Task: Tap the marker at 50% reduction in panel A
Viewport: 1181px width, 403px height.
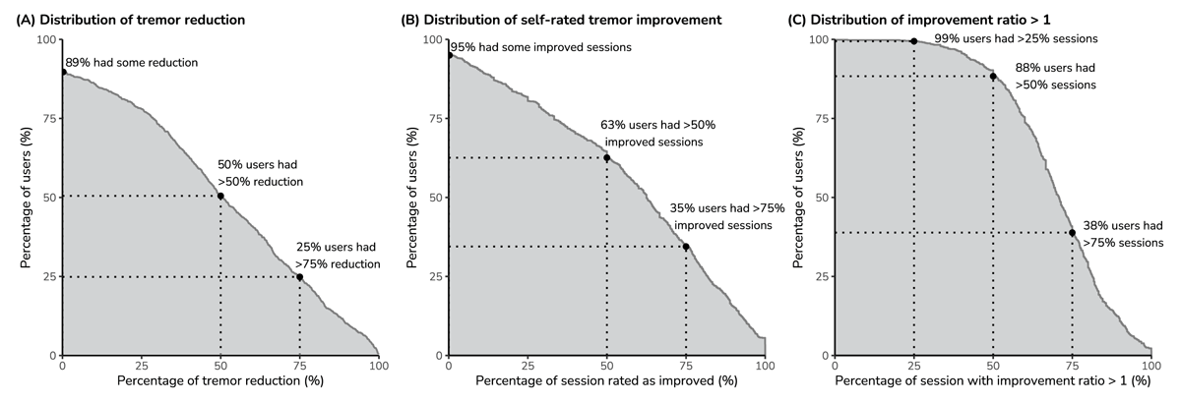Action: (x=220, y=196)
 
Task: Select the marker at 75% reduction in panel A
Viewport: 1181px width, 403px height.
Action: (x=299, y=276)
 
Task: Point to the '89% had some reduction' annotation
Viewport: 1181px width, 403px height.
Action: (x=132, y=63)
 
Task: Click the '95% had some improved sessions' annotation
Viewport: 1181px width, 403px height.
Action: (x=540, y=47)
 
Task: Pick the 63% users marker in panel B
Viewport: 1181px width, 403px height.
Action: (x=606, y=157)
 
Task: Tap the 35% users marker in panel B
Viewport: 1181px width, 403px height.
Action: (x=686, y=247)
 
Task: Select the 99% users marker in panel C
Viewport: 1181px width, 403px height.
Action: (x=914, y=40)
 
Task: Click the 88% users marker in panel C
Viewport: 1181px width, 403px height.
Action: (x=993, y=76)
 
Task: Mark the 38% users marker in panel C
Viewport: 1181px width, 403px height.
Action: (x=1072, y=233)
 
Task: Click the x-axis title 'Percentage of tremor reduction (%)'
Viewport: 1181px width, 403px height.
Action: (x=219, y=379)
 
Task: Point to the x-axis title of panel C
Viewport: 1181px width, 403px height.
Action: (x=992, y=379)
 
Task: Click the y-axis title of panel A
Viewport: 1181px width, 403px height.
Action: (x=27, y=197)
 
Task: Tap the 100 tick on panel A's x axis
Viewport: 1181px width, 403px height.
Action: (x=378, y=363)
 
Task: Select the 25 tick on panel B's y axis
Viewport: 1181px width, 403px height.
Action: (x=432, y=276)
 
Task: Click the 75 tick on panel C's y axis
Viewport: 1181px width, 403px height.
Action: (x=818, y=118)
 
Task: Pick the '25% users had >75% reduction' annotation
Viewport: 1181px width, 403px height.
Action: (x=338, y=256)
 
